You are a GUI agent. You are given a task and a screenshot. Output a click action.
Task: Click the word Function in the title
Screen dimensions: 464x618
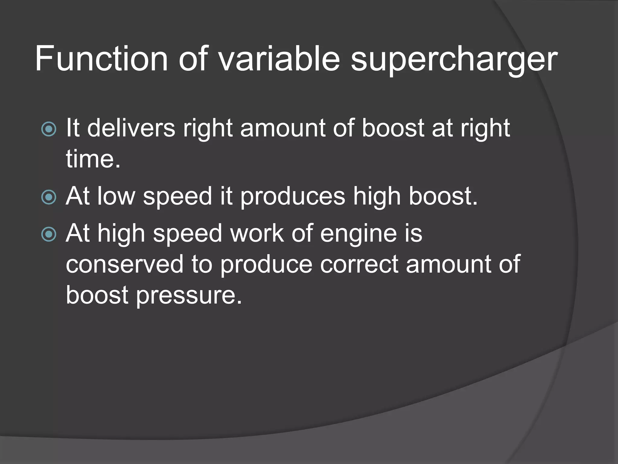click(101, 58)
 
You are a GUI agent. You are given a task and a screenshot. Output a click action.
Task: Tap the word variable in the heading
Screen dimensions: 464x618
click(279, 58)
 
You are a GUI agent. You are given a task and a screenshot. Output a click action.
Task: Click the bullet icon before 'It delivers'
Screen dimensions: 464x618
click(49, 129)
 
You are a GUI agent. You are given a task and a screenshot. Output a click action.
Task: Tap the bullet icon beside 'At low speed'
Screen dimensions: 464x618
click(49, 197)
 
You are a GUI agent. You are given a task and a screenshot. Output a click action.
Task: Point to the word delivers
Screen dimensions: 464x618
click(131, 128)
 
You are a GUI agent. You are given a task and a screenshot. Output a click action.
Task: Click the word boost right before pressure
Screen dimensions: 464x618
click(97, 295)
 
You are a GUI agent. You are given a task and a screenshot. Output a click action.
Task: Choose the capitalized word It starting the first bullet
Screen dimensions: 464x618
click(73, 128)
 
